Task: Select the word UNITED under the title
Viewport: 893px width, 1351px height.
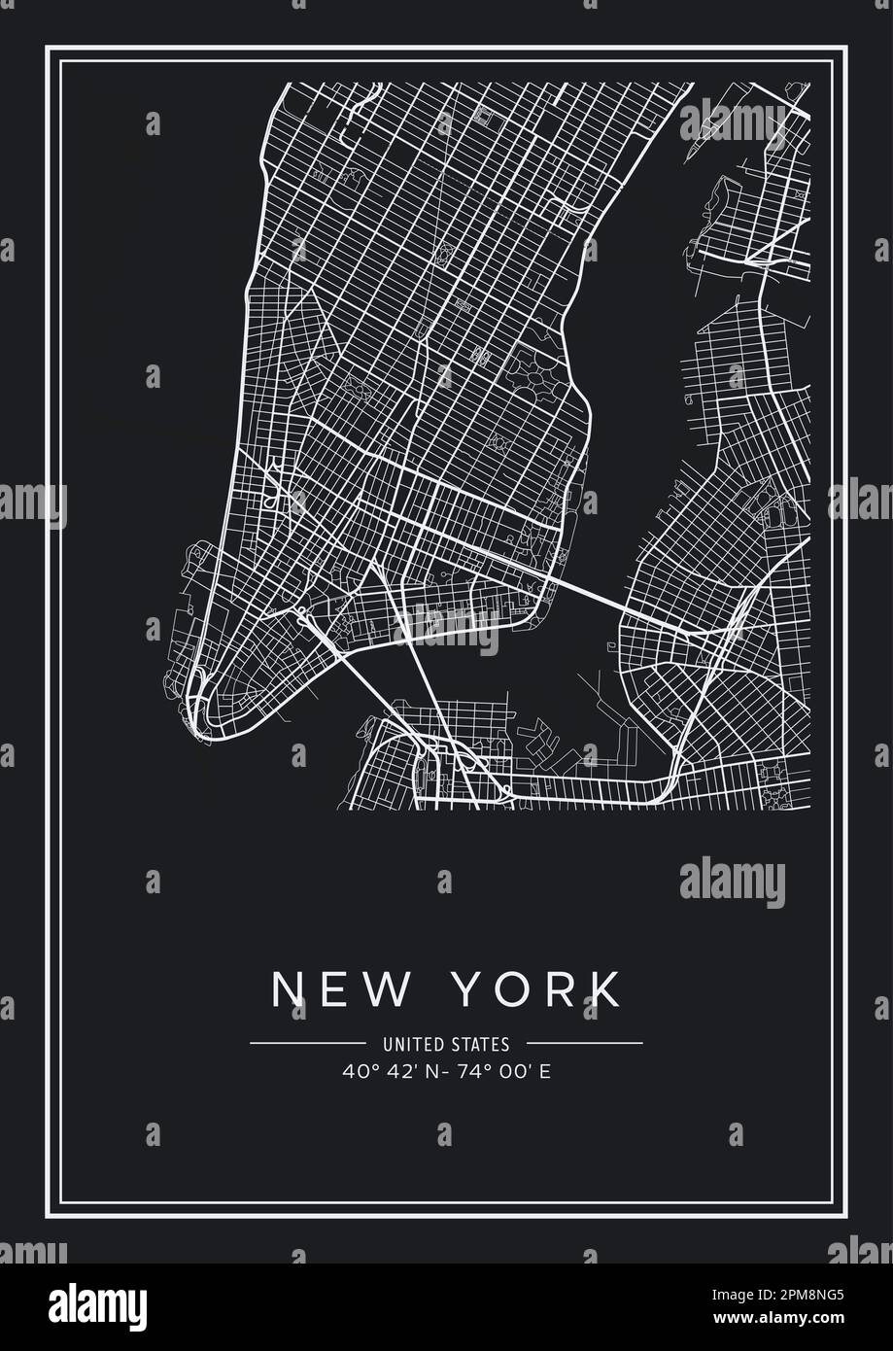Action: pyautogui.click(x=416, y=1045)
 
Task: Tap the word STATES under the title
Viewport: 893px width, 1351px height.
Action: pyautogui.click(x=480, y=1045)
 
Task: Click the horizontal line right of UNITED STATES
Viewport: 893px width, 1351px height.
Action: pyautogui.click(x=583, y=1044)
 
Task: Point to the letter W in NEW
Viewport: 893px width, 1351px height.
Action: pyautogui.click(x=384, y=989)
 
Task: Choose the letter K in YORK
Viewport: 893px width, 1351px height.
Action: pyautogui.click(x=604, y=989)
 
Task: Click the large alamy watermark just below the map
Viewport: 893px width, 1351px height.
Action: pyautogui.click(x=732, y=883)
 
